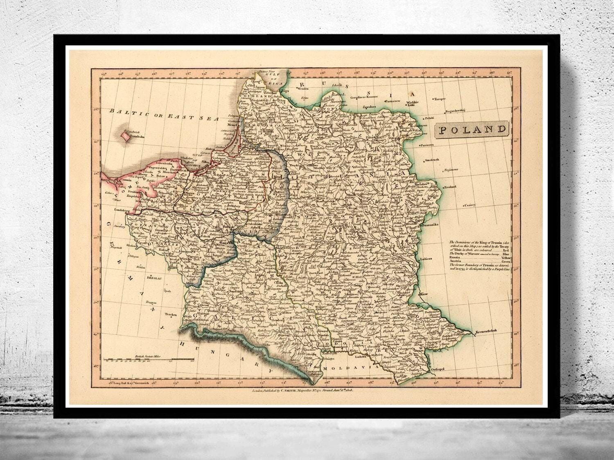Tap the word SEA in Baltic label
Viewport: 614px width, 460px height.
coord(208,118)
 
